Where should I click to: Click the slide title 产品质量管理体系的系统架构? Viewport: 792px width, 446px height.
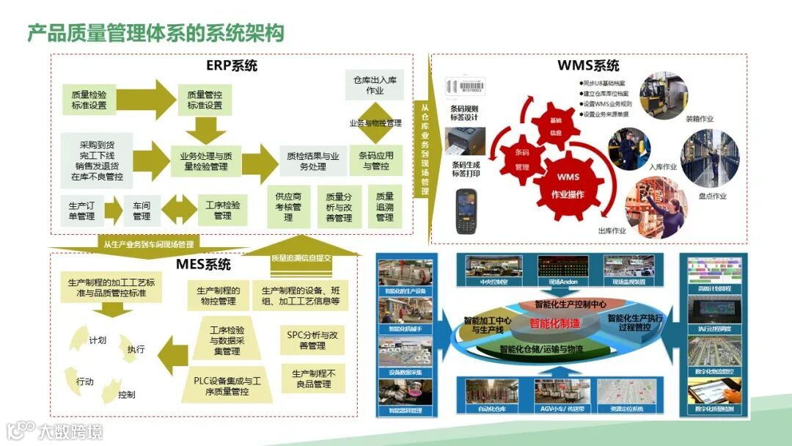[x=155, y=33]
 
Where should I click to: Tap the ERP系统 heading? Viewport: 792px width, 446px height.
[x=232, y=65]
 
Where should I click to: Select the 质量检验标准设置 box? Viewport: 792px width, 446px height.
[x=89, y=100]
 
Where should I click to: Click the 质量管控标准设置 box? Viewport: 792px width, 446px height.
[x=205, y=100]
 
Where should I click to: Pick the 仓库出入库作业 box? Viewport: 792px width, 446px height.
[x=374, y=85]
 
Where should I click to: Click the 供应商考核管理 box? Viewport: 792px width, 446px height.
[x=289, y=207]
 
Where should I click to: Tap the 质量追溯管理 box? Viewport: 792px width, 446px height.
[x=385, y=207]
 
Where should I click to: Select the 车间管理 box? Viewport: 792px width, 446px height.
[x=142, y=211]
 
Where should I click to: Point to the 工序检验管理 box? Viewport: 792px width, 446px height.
[x=223, y=210]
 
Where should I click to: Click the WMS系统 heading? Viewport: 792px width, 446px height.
[x=588, y=65]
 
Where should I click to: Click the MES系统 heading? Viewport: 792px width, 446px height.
[x=203, y=264]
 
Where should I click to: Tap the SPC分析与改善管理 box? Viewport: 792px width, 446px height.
[x=312, y=340]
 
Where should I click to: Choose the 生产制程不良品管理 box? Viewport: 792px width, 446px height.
[x=312, y=379]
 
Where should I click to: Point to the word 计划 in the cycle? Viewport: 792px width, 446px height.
[x=98, y=340]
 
